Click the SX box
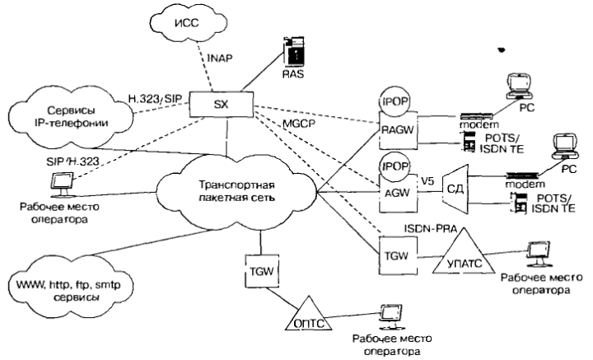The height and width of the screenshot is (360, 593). (x=219, y=103)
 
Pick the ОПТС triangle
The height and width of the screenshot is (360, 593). (x=310, y=320)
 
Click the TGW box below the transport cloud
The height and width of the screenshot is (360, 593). (x=259, y=269)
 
